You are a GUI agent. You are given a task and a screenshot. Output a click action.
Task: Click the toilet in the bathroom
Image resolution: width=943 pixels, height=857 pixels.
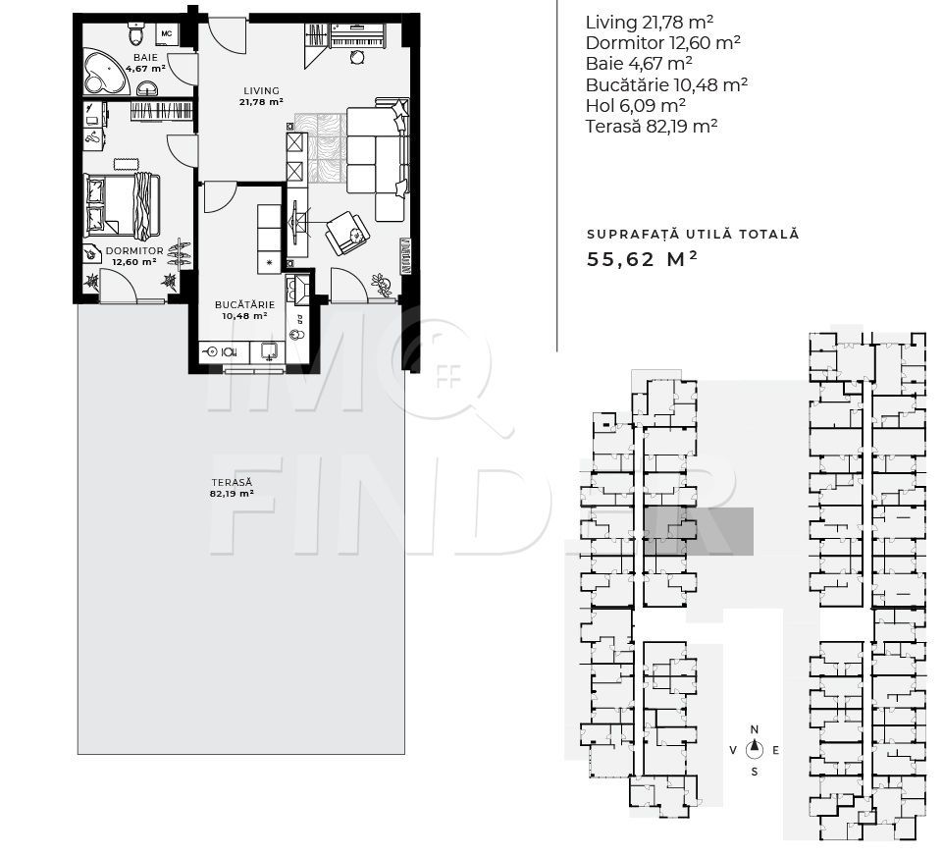pyautogui.click(x=136, y=37)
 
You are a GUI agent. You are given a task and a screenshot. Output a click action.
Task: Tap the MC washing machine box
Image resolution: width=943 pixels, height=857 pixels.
pyautogui.click(x=166, y=34)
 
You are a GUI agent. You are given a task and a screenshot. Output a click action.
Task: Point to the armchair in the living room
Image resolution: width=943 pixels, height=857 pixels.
pyautogui.click(x=347, y=233)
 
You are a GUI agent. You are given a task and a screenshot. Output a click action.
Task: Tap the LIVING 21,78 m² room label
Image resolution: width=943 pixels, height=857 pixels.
pyautogui.click(x=260, y=95)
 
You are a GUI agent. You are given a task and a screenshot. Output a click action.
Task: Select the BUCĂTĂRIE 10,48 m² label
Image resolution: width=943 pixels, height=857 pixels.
pyautogui.click(x=244, y=310)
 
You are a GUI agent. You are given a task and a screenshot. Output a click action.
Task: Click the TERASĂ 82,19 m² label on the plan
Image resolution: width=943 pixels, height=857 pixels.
pyautogui.click(x=232, y=488)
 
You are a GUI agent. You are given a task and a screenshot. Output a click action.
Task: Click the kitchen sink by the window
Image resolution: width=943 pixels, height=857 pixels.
pyautogui.click(x=270, y=351)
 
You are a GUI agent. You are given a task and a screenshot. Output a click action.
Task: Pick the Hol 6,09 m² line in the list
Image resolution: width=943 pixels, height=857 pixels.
pyautogui.click(x=635, y=106)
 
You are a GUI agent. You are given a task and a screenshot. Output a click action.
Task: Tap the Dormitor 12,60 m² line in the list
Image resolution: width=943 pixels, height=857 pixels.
pyautogui.click(x=662, y=42)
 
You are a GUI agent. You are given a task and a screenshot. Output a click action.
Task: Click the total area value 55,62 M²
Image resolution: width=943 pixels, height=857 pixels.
pyautogui.click(x=643, y=260)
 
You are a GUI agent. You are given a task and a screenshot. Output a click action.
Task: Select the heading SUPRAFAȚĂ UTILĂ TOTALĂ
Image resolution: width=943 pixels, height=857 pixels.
pyautogui.click(x=693, y=234)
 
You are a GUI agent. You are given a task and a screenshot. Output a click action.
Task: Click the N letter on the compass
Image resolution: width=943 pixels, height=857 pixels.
pyautogui.click(x=755, y=729)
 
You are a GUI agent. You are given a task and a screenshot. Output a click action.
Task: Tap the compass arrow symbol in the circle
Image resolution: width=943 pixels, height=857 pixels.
pyautogui.click(x=755, y=750)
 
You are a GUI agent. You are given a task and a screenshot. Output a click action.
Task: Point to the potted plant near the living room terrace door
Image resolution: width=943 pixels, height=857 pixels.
pyautogui.click(x=382, y=286)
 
